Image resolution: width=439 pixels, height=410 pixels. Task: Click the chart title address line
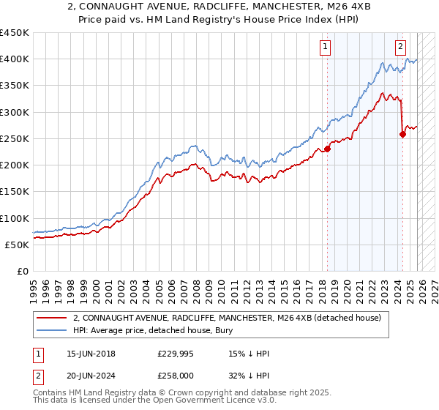coord(219,7)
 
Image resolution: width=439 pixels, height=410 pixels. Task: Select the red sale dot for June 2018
coord(327,149)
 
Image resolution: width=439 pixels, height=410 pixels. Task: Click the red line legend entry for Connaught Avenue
coord(227,318)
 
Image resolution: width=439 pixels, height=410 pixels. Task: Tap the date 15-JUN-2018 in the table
coord(91,354)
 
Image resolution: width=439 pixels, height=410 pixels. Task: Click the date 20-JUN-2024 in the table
coord(91,377)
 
